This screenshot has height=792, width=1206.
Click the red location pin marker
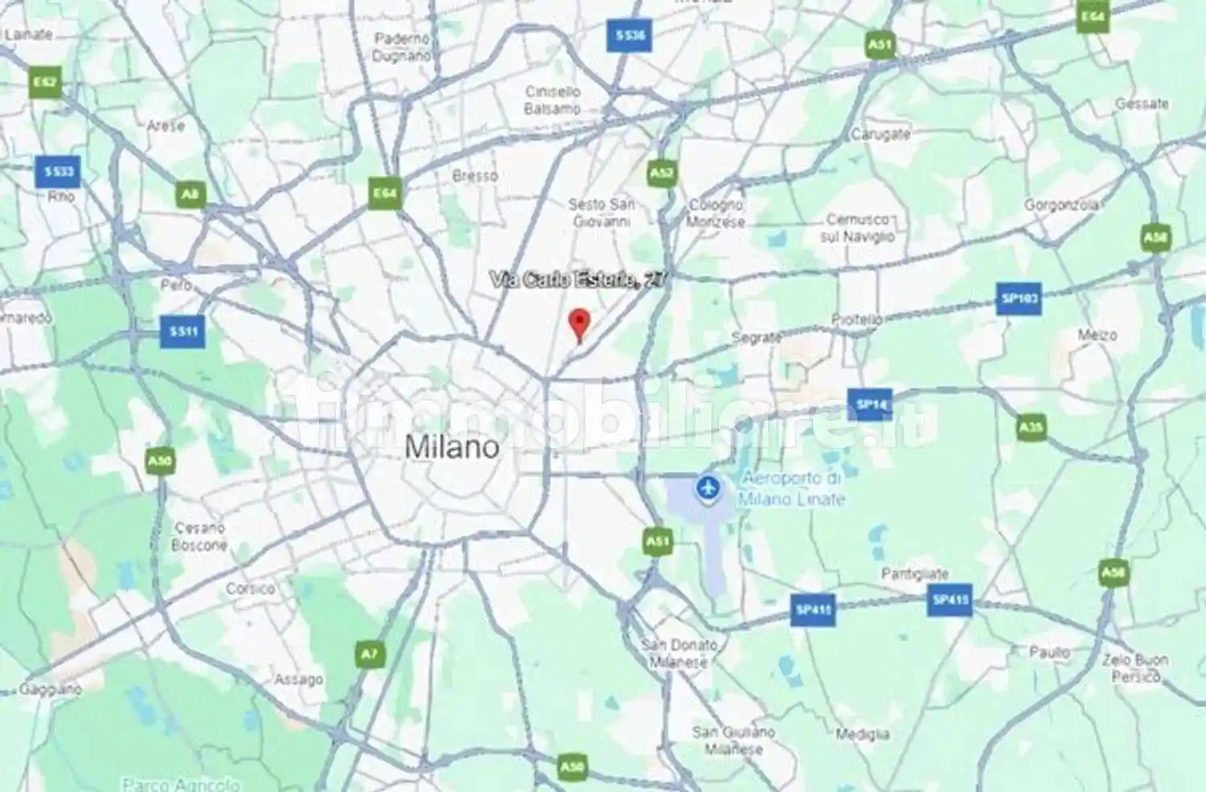click(x=579, y=323)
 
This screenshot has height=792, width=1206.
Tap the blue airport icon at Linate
click(x=708, y=487)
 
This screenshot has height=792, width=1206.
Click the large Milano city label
click(x=451, y=447)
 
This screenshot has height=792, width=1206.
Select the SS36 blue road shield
click(x=630, y=35)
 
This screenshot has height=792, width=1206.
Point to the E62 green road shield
click(x=45, y=83)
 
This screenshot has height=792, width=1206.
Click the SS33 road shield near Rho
click(x=59, y=171)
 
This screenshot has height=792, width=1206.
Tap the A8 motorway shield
click(x=190, y=194)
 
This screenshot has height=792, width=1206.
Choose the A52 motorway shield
click(x=662, y=173)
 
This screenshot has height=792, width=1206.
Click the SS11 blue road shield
click(x=183, y=331)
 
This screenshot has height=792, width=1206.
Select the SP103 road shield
click(x=1019, y=299)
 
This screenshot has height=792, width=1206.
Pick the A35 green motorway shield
click(x=1031, y=427)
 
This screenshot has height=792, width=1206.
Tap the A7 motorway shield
click(x=368, y=655)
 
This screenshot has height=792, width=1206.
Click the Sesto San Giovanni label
click(x=601, y=212)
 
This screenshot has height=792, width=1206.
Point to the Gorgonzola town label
click(x=1061, y=205)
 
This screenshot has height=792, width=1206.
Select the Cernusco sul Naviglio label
click(x=857, y=228)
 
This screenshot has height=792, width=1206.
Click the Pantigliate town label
click(x=915, y=574)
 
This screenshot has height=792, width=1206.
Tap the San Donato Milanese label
click(x=679, y=653)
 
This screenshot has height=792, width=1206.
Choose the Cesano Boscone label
click(x=199, y=536)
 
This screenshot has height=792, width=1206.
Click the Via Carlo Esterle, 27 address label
click(x=576, y=280)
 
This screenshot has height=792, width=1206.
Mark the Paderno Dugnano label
click(x=402, y=47)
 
